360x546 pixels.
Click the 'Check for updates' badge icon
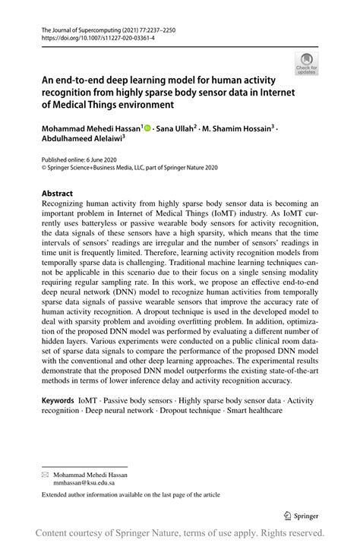[308, 65]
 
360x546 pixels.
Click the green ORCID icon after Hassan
[147, 130]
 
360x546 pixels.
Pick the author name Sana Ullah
[177, 130]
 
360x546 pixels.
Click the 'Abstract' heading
[57, 194]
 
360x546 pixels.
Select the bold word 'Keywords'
[62, 399]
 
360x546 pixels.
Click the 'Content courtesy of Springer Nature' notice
[180, 532]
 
